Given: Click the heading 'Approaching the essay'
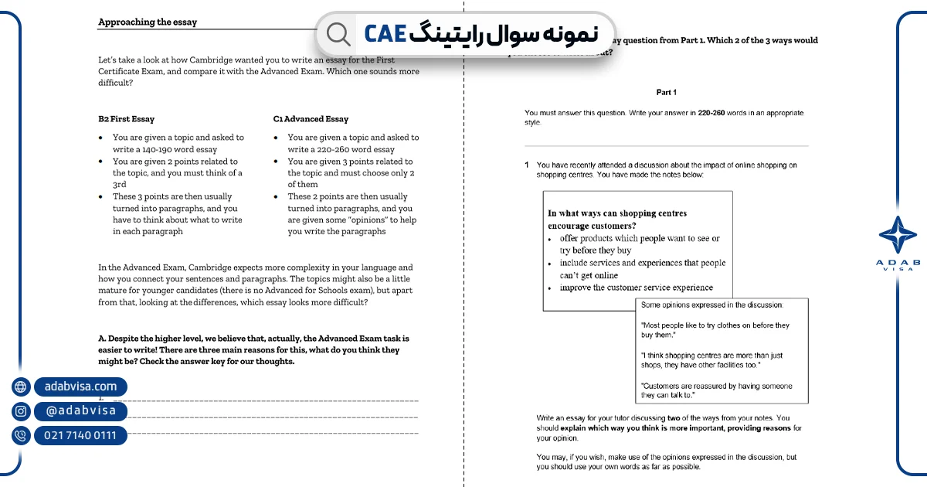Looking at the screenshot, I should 148,22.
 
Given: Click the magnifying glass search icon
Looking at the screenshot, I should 338,33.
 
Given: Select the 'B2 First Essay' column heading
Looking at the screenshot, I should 126,119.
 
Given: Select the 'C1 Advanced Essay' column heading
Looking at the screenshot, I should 311,119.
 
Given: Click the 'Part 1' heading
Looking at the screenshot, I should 666,92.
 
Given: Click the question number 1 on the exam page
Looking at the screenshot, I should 527,165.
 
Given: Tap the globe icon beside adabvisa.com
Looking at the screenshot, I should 21,387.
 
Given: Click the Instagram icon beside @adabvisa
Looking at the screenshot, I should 21,411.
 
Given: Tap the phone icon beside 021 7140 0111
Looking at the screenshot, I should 21,436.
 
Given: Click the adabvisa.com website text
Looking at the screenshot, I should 80,387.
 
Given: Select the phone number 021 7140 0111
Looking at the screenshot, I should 80,436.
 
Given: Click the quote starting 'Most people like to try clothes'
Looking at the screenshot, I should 715,330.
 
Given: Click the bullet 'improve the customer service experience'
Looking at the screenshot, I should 636,288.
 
